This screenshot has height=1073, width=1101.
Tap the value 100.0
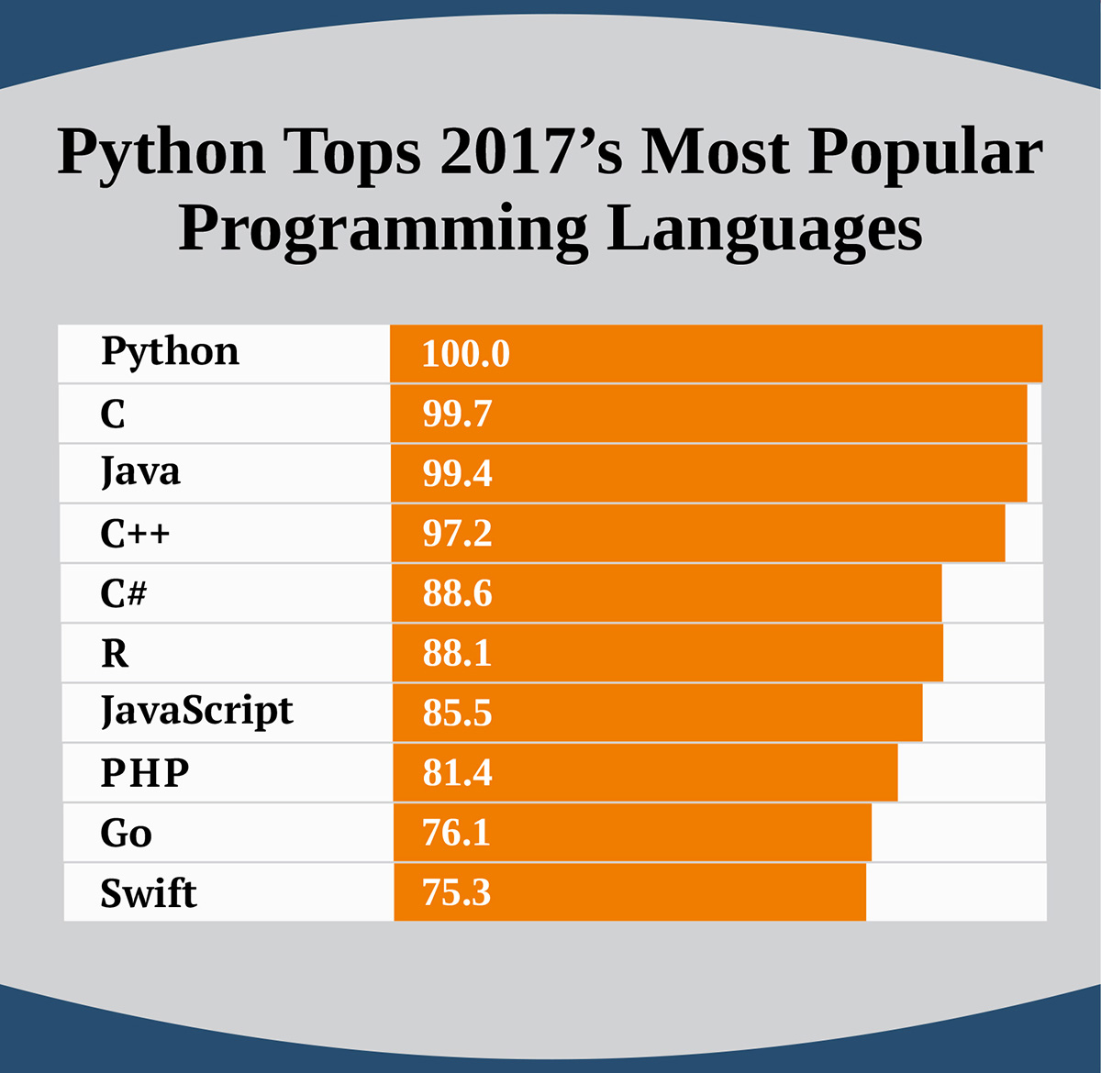click(x=466, y=354)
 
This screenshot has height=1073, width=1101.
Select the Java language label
click(x=140, y=471)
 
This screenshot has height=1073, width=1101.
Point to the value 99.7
click(x=457, y=414)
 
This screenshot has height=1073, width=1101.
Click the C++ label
click(x=135, y=533)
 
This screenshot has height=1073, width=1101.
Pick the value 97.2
click(x=457, y=533)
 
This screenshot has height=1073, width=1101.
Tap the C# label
click(x=123, y=593)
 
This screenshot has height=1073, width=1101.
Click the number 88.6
click(x=457, y=593)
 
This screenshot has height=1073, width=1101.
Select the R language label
click(x=115, y=653)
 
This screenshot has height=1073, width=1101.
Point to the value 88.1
click(x=457, y=653)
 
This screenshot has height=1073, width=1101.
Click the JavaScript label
click(x=197, y=713)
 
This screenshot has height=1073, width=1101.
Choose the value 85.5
click(x=457, y=713)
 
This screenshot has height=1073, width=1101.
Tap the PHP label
click(x=145, y=772)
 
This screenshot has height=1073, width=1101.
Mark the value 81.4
click(x=457, y=772)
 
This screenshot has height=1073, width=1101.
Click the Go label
click(x=126, y=833)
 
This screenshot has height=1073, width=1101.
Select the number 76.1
click(x=456, y=833)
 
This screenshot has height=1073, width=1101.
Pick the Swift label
click(x=149, y=893)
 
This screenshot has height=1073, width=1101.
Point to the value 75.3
click(x=456, y=893)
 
